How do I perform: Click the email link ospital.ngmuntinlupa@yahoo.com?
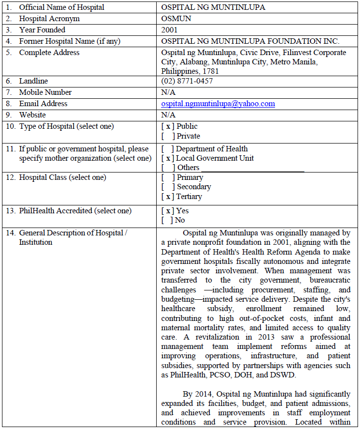[218, 104]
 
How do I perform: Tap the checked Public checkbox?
[168, 126]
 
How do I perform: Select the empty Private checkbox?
[168, 136]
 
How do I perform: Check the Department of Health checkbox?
[168, 149]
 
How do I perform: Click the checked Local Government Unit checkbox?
[168, 158]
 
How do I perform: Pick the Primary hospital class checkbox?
[168, 177]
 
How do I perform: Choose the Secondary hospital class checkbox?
[168, 187]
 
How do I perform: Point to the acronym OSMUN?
[176, 19]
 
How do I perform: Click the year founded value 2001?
[169, 30]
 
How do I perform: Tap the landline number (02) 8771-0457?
[187, 81]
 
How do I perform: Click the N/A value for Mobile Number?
[168, 92]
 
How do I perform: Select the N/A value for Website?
[168, 115]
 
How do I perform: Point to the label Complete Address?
[49, 53]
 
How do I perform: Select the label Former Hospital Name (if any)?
[69, 41]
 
